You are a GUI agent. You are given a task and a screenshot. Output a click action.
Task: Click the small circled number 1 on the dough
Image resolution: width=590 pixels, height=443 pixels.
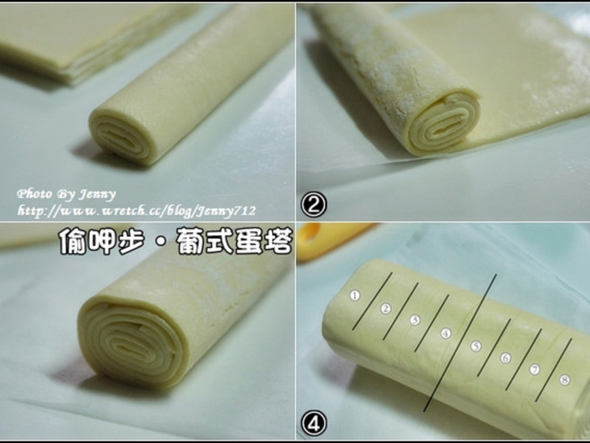tap(355, 295)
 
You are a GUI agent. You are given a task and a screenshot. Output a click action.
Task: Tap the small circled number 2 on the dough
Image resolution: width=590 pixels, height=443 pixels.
tap(385, 309)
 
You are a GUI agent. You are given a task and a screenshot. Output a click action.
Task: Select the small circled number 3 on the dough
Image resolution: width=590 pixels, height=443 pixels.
tap(414, 320)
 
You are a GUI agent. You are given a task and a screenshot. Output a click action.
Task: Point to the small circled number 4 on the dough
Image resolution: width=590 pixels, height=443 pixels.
tap(445, 334)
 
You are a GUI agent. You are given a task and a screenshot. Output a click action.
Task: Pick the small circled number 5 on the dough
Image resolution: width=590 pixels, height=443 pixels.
tap(476, 346)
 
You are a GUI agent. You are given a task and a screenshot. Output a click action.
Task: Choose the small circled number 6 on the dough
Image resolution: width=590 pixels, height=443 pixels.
tap(505, 358)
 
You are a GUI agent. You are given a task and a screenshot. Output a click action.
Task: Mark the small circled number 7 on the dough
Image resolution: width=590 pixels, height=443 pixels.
tap(534, 369)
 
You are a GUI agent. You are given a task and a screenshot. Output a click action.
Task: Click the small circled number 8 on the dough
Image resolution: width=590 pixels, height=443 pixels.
tap(564, 380)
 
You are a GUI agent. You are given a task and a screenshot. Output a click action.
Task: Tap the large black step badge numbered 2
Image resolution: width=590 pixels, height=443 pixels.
tap(314, 205)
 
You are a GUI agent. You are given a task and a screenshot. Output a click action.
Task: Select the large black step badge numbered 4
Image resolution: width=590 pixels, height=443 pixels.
tap(314, 423)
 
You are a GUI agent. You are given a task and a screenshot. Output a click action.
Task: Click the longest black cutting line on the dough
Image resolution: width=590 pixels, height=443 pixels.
tap(459, 343)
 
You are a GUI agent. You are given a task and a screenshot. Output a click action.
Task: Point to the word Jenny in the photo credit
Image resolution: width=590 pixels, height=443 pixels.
tap(97, 195)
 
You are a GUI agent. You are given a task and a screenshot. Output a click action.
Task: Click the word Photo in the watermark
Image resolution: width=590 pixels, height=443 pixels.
tap(34, 194)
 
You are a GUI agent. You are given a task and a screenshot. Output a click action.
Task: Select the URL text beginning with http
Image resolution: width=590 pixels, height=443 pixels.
tap(136, 211)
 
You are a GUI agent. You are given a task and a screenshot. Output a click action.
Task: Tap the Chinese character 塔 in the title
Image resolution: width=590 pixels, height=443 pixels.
tap(278, 241)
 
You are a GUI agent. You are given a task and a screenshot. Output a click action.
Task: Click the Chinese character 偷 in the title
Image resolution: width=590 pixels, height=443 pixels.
tap(72, 241)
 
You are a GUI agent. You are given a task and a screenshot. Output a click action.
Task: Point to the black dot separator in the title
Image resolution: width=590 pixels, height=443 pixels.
tap(161, 242)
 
